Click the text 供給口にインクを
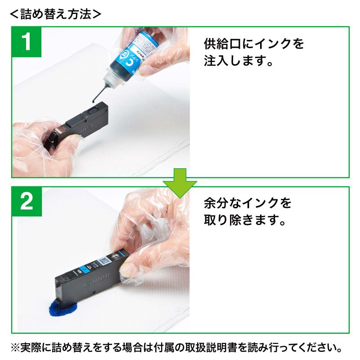(254, 44)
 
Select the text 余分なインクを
(247, 203)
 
